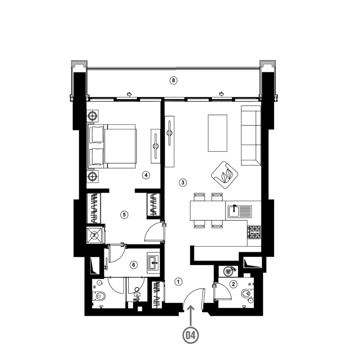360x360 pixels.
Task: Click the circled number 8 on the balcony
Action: (173, 81)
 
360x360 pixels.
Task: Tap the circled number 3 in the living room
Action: (183, 183)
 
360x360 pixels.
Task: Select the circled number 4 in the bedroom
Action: (146, 175)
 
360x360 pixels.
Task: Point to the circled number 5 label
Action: (124, 215)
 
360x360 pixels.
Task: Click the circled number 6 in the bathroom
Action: (134, 265)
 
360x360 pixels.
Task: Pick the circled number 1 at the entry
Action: (178, 282)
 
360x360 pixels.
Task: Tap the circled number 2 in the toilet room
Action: (234, 284)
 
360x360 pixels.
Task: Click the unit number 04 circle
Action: (190, 335)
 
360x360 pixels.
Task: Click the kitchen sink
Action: (240, 211)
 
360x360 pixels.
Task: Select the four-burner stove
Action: (254, 232)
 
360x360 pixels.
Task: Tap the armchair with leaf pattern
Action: (225, 175)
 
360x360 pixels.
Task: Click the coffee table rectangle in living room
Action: (217, 133)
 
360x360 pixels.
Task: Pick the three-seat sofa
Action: (251, 135)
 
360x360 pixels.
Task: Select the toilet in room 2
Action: (246, 293)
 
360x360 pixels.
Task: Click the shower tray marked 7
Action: (94, 235)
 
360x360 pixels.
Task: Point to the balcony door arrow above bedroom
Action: (129, 94)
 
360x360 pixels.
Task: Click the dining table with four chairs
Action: (208, 211)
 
